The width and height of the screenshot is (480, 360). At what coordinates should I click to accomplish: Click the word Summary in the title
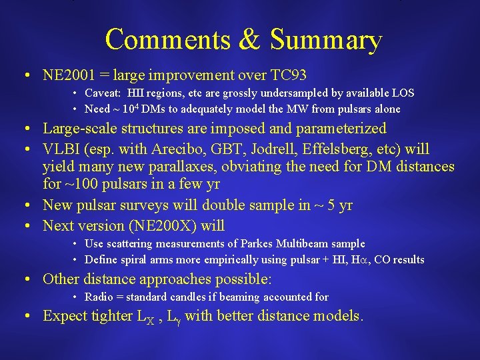[326, 40]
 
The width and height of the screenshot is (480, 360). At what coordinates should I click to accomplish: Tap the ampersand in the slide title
[249, 40]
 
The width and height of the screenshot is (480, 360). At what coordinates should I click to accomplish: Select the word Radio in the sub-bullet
[99, 297]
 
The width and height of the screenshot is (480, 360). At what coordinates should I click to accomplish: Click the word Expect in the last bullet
[65, 316]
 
